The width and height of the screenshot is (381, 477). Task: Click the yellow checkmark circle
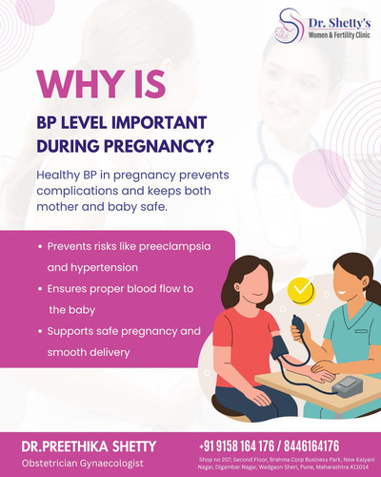(x=301, y=288)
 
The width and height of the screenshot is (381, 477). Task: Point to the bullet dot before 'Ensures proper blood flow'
(x=40, y=288)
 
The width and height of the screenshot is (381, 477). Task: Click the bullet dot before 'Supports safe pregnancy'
(x=40, y=331)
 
